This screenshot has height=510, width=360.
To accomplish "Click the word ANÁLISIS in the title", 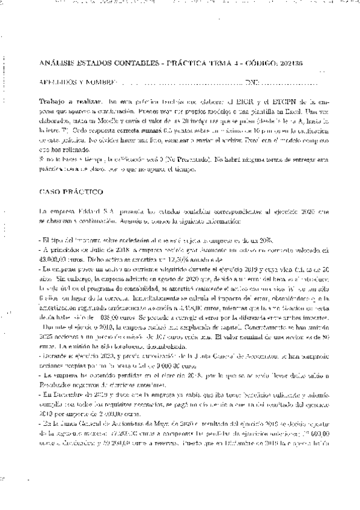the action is pos(55,63).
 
